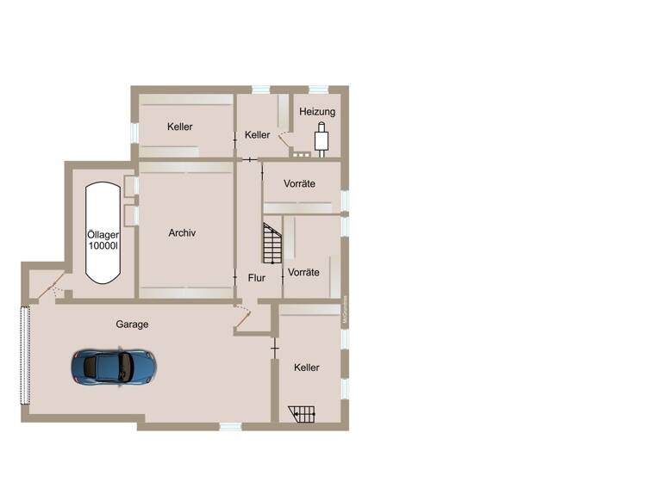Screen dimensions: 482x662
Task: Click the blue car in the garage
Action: pyautogui.click(x=114, y=367)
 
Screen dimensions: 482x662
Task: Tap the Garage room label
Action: pyautogui.click(x=133, y=324)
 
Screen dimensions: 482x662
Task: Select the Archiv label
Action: pyautogui.click(x=183, y=232)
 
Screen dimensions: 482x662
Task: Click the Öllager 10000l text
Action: pyautogui.click(x=103, y=239)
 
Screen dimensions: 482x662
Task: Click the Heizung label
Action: pyautogui.click(x=318, y=112)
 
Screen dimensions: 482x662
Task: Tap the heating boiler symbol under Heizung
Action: pyautogui.click(x=322, y=139)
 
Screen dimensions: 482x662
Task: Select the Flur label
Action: pyautogui.click(x=257, y=278)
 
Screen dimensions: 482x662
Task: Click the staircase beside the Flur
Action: pyautogui.click(x=272, y=243)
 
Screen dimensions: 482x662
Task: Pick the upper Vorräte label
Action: pyautogui.click(x=299, y=184)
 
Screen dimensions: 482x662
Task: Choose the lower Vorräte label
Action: pyautogui.click(x=303, y=272)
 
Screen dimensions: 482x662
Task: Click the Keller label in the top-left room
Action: pyautogui.click(x=180, y=127)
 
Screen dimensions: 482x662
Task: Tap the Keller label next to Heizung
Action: pyautogui.click(x=257, y=135)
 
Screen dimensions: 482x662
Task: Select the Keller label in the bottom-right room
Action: pyautogui.click(x=306, y=368)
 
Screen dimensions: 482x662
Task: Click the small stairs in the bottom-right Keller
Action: pyautogui.click(x=302, y=414)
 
